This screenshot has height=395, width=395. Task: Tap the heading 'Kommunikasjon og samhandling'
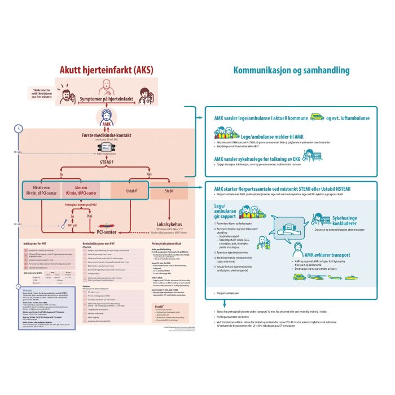coord(291,71)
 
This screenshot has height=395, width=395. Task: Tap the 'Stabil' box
coord(168,191)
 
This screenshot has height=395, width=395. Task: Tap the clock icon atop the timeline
coord(18,128)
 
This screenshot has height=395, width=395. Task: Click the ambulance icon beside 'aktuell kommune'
coord(317,117)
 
